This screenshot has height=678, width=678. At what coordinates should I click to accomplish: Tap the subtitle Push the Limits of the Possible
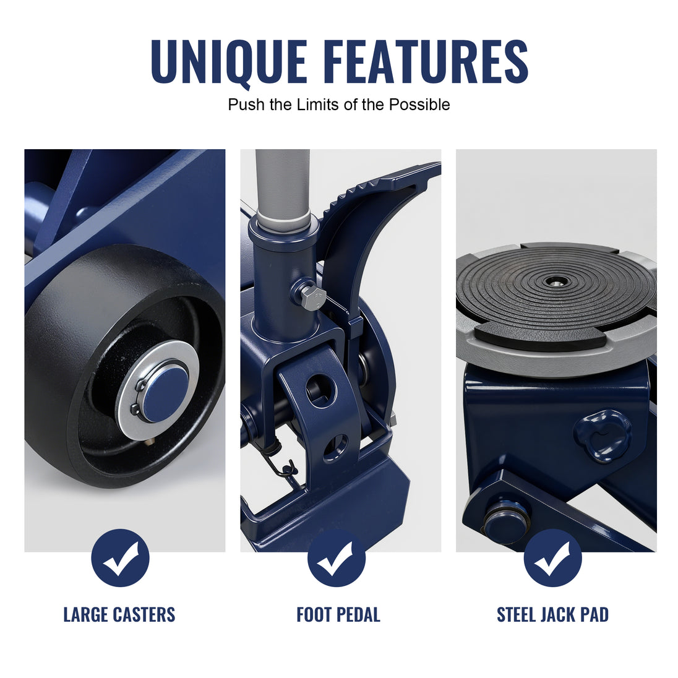point(339,105)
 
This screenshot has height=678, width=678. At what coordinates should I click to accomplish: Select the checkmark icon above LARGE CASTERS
point(120,558)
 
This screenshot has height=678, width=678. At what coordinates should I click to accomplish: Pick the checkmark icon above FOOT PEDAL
point(337,558)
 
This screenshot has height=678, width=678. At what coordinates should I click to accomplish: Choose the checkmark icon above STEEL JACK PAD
point(552,558)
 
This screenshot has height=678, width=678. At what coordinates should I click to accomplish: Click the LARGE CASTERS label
point(119,614)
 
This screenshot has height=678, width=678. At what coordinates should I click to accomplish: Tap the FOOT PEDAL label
point(338,614)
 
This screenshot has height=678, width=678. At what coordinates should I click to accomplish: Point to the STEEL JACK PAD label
point(552,614)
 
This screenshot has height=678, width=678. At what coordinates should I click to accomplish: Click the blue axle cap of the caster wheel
point(166,394)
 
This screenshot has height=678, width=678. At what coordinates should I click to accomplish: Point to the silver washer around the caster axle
point(158,390)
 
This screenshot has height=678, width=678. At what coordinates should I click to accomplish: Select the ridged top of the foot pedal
point(380,182)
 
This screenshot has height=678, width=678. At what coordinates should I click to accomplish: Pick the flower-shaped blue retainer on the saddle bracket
point(602,436)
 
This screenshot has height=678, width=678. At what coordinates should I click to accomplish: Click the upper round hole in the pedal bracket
point(320,388)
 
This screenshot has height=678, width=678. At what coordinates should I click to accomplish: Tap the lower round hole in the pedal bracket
point(336,446)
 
